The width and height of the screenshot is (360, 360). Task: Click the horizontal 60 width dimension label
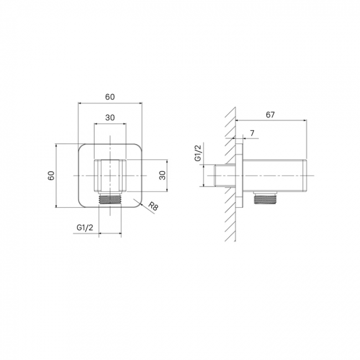(110, 97)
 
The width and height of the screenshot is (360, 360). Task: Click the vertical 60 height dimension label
(51, 176)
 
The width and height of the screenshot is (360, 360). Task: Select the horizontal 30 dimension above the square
(110, 117)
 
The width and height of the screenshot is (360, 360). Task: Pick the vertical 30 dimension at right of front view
(162, 176)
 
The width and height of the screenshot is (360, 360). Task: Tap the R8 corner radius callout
(153, 206)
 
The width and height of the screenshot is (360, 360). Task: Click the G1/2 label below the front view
(85, 228)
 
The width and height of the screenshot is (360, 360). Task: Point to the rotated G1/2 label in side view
(198, 153)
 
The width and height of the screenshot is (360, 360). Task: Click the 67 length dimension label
(270, 115)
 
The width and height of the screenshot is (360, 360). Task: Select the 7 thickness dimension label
(253, 133)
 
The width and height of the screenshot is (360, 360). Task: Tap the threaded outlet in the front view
(110, 199)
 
